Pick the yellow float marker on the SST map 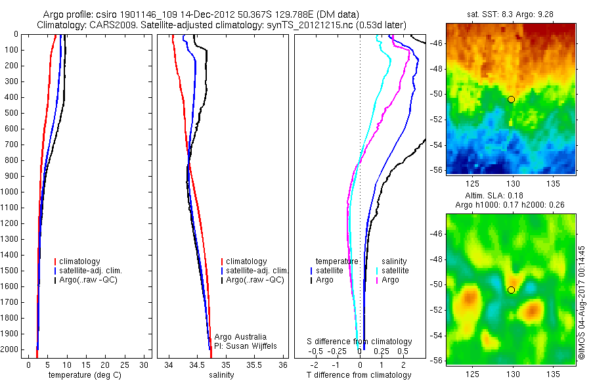[x=511, y=99]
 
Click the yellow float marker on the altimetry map [x=511, y=290]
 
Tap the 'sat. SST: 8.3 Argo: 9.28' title [x=511, y=14]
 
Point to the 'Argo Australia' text [x=240, y=337]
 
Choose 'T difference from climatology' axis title [x=359, y=375]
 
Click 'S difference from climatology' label [x=360, y=342]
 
